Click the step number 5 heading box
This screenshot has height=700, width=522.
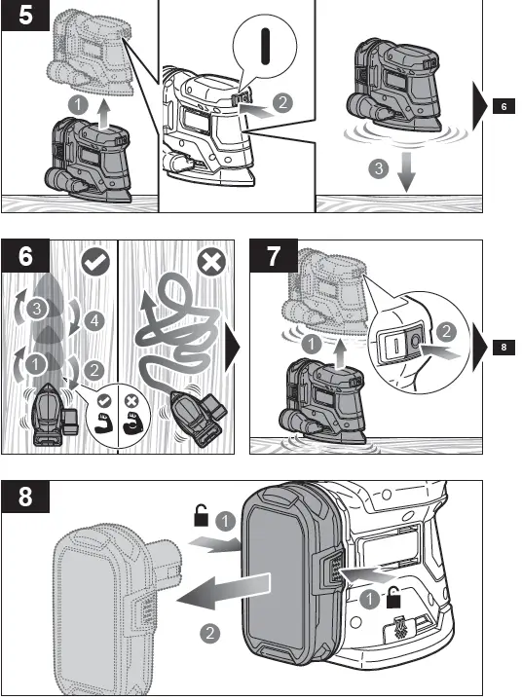pyautogui.click(x=25, y=15)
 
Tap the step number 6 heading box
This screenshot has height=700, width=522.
pyautogui.click(x=25, y=256)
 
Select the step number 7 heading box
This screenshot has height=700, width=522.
pyautogui.click(x=274, y=256)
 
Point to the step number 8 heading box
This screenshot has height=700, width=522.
pyautogui.click(x=25, y=496)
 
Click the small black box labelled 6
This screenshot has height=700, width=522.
pyautogui.click(x=503, y=106)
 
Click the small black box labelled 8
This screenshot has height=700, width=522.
pyautogui.click(x=503, y=347)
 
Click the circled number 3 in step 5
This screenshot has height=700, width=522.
pyautogui.click(x=379, y=168)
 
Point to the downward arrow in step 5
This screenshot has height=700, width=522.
pyautogui.click(x=406, y=172)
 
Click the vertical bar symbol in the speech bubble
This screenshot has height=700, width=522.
pyautogui.click(x=265, y=47)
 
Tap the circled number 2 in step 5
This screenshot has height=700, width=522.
pyautogui.click(x=282, y=102)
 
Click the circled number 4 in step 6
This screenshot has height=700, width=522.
pyautogui.click(x=94, y=320)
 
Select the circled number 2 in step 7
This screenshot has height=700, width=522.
pyautogui.click(x=446, y=331)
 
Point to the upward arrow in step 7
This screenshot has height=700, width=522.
pyautogui.click(x=340, y=354)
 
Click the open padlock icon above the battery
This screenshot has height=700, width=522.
pyautogui.click(x=201, y=515)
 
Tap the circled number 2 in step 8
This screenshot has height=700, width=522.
pyautogui.click(x=209, y=633)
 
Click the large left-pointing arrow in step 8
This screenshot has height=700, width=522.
pyautogui.click(x=223, y=592)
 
